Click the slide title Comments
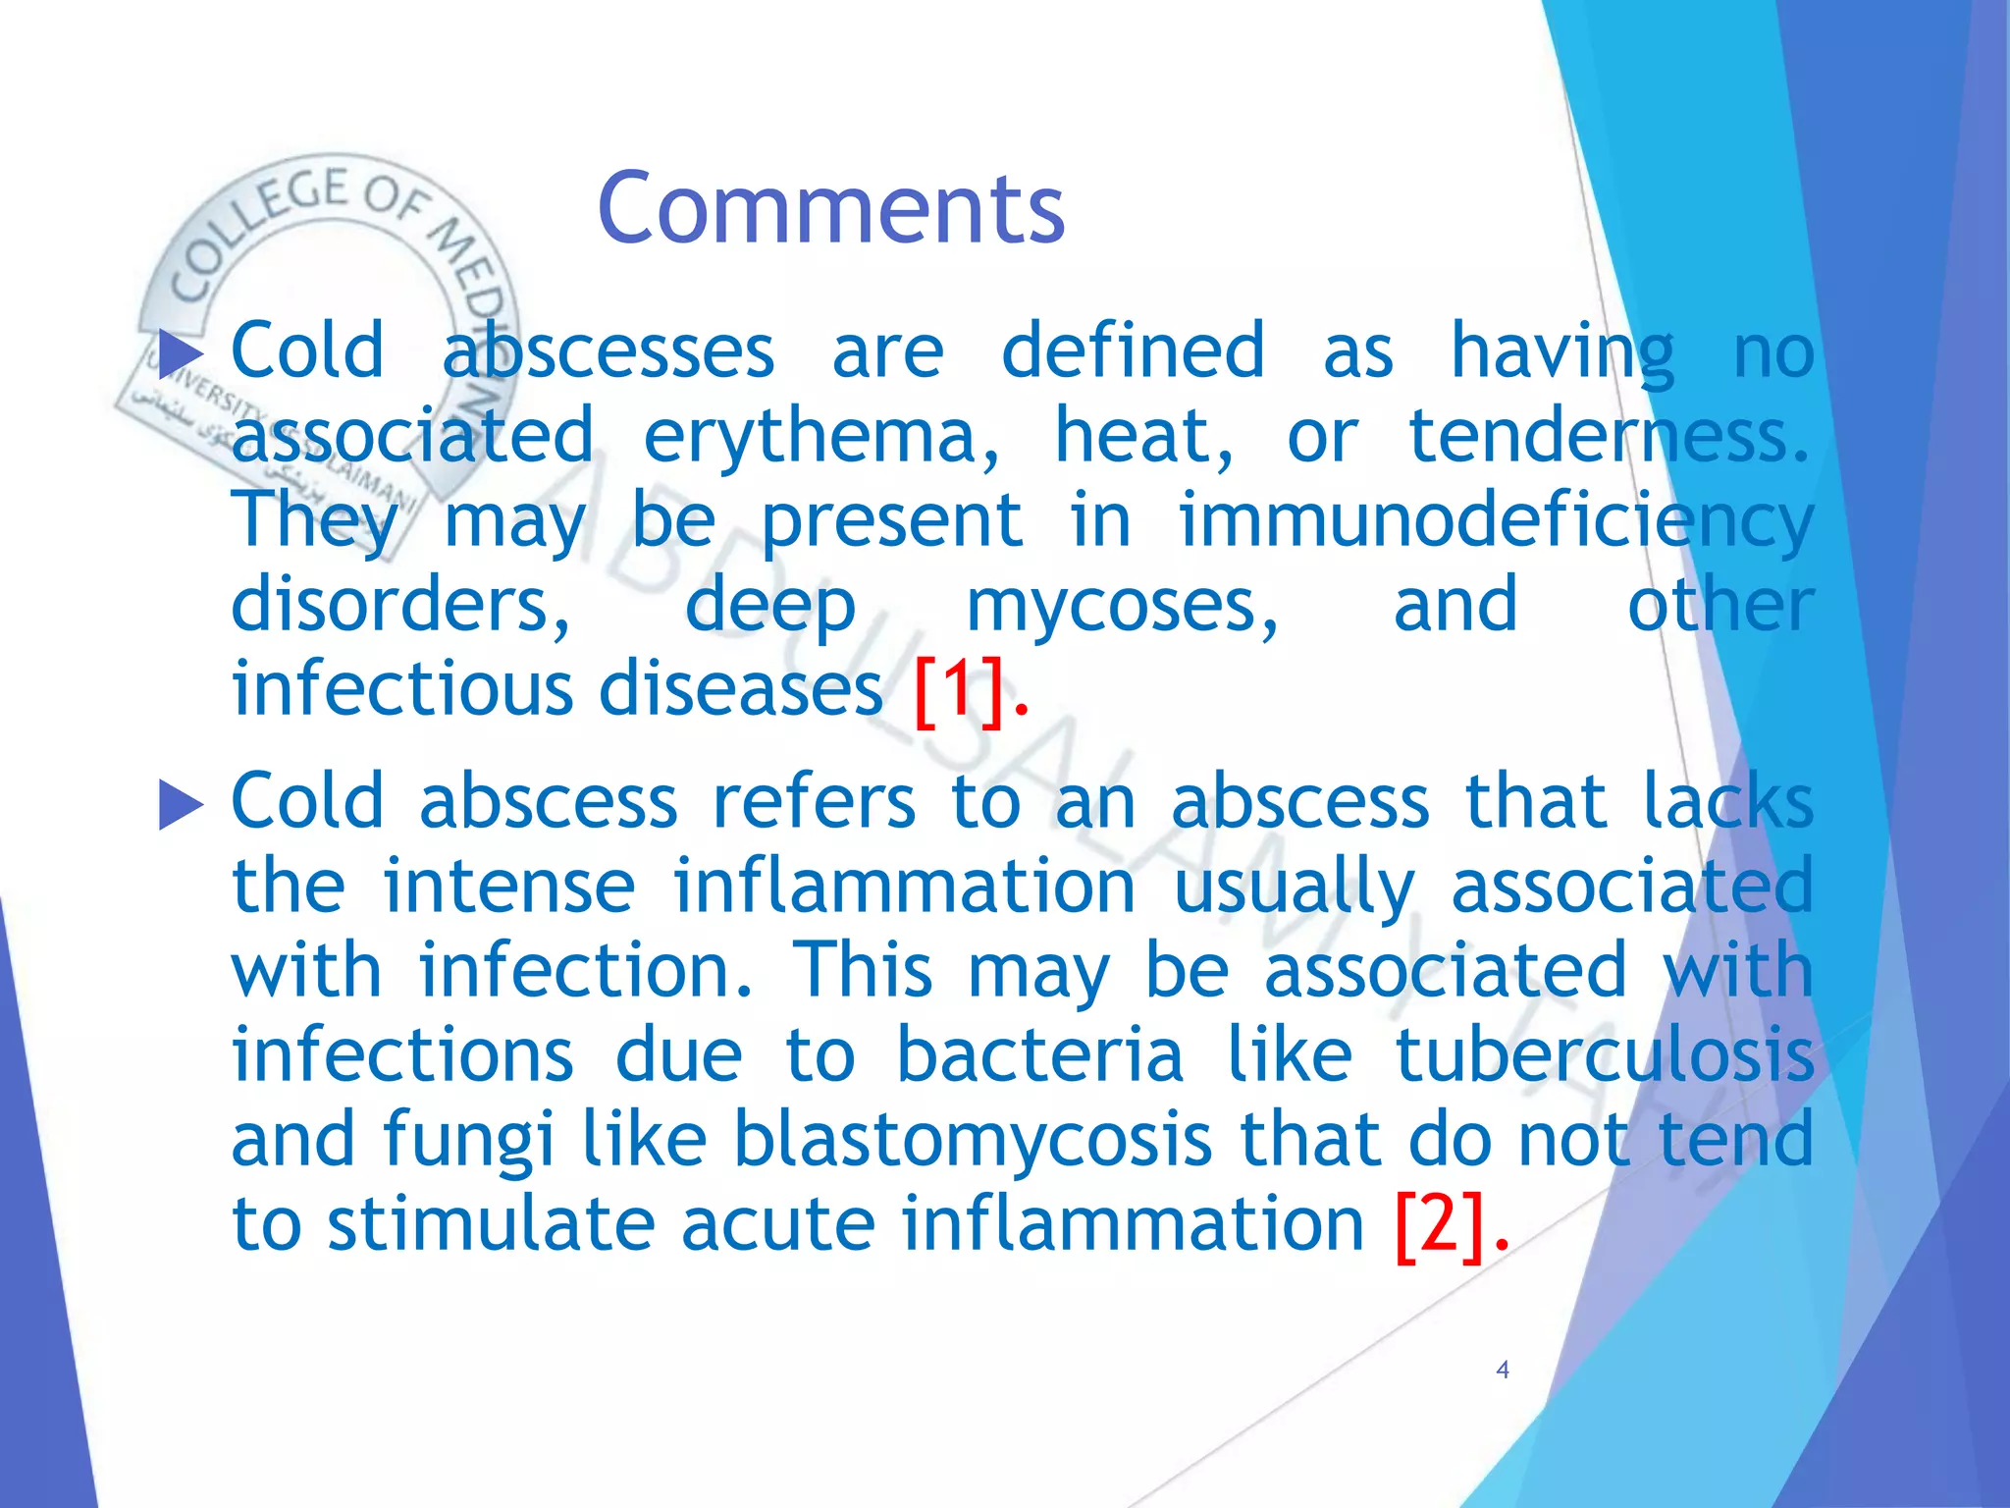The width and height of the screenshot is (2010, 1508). (x=830, y=208)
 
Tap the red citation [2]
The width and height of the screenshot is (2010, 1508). (x=1440, y=1225)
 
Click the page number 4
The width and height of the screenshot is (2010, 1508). (x=1502, y=1370)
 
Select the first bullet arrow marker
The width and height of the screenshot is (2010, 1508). (x=181, y=353)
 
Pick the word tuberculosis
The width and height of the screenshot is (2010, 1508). (x=1604, y=1056)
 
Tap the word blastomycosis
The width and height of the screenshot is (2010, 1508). (x=973, y=1141)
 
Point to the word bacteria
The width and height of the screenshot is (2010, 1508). (x=1039, y=1056)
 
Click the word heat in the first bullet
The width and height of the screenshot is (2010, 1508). (x=1142, y=436)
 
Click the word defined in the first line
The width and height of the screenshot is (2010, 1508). (x=1133, y=351)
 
